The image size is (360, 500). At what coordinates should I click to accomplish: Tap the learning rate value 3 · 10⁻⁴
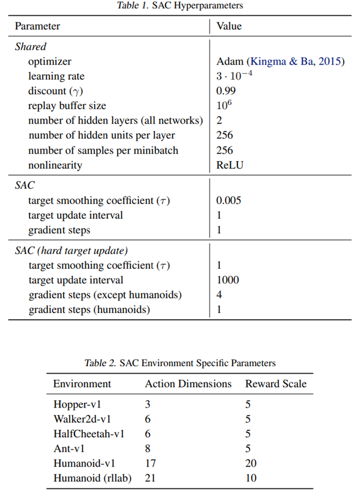point(234,76)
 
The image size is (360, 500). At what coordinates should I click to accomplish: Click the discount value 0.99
point(226,91)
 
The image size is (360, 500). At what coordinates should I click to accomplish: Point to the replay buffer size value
point(225,105)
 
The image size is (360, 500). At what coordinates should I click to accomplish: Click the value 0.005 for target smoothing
point(228,200)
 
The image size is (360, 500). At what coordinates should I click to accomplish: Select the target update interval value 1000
point(228,279)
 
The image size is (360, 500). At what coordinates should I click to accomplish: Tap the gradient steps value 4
point(219,294)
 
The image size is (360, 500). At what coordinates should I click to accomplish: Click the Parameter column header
point(37,26)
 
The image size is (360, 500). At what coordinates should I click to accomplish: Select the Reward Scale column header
point(276,384)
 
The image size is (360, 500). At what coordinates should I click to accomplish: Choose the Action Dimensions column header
point(188,384)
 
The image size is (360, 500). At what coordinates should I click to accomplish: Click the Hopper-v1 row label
point(78,405)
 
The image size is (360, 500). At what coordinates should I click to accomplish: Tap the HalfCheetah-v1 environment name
point(89,434)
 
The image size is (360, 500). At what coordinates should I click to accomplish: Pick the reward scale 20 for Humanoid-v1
point(251,464)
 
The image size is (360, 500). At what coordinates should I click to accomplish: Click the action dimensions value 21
point(150,478)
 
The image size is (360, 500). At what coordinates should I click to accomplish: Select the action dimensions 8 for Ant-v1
point(148,449)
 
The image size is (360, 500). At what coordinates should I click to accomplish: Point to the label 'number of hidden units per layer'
point(101,135)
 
